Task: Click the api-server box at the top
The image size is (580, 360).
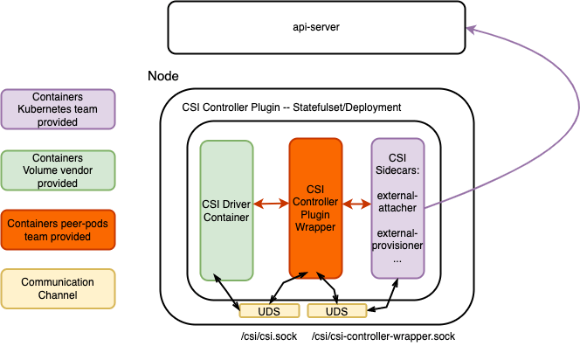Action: pyautogui.click(x=315, y=27)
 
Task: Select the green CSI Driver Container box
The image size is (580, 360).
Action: pyautogui.click(x=226, y=211)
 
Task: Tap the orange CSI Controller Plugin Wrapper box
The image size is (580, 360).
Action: pyautogui.click(x=315, y=211)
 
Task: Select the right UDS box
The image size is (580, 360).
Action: pyautogui.click(x=336, y=311)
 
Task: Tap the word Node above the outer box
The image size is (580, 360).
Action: pyautogui.click(x=163, y=76)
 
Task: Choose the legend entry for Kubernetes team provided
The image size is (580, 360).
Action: pyautogui.click(x=59, y=109)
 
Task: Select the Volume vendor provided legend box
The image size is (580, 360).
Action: pyautogui.click(x=59, y=170)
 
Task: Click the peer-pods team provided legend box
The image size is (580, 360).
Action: pyautogui.click(x=59, y=231)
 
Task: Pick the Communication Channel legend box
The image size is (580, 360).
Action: pyautogui.click(x=59, y=289)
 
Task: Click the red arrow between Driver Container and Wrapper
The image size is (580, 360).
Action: pyautogui.click(x=272, y=204)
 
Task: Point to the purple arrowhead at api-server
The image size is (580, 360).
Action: pyautogui.click(x=472, y=30)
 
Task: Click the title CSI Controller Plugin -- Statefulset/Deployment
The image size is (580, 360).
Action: pyautogui.click(x=291, y=107)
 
